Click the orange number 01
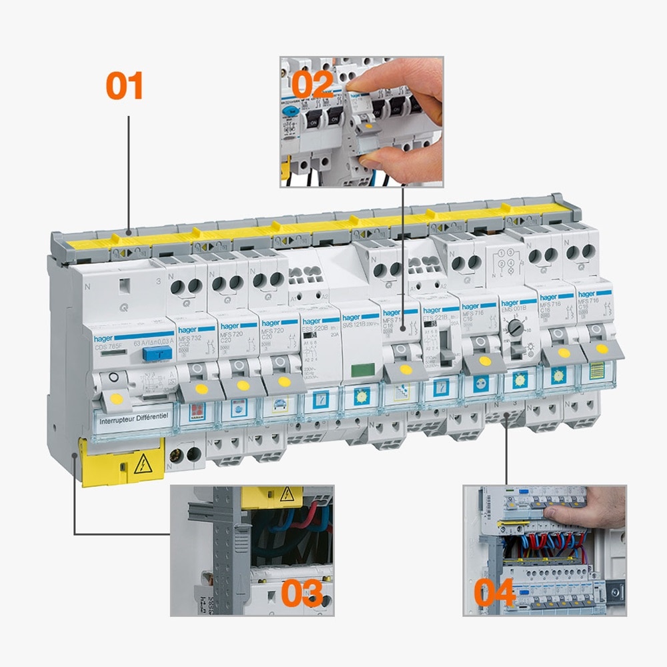pos(125,87)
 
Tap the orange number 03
pos(302,593)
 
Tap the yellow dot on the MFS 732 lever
pos(201,388)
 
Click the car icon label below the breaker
pos(279,404)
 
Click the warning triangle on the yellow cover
pos(142,465)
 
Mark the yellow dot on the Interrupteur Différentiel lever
pos(116,399)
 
